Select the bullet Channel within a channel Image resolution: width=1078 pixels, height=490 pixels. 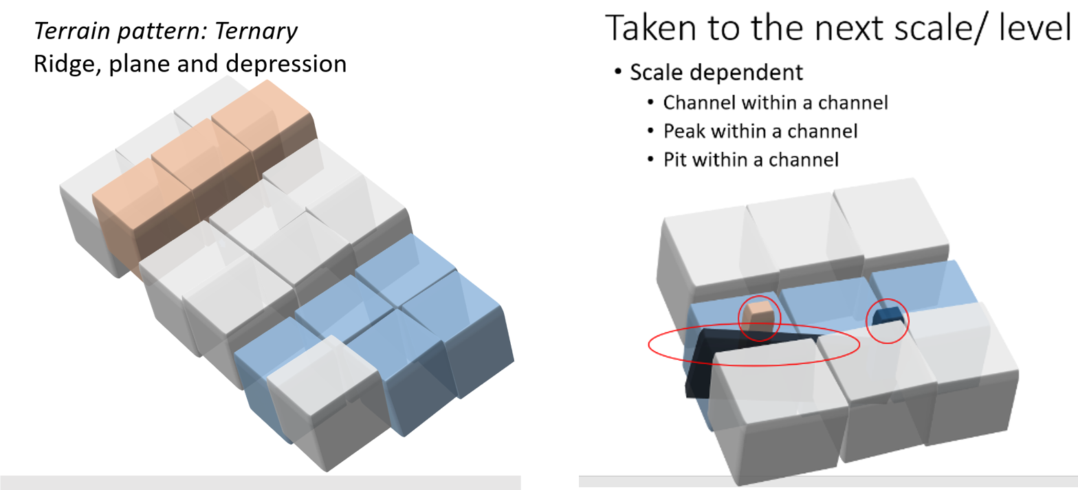775,102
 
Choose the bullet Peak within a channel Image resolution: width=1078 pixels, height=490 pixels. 760,131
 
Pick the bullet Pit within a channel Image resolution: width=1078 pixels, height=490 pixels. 751,159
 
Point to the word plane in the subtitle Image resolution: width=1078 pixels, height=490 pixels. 146,64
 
